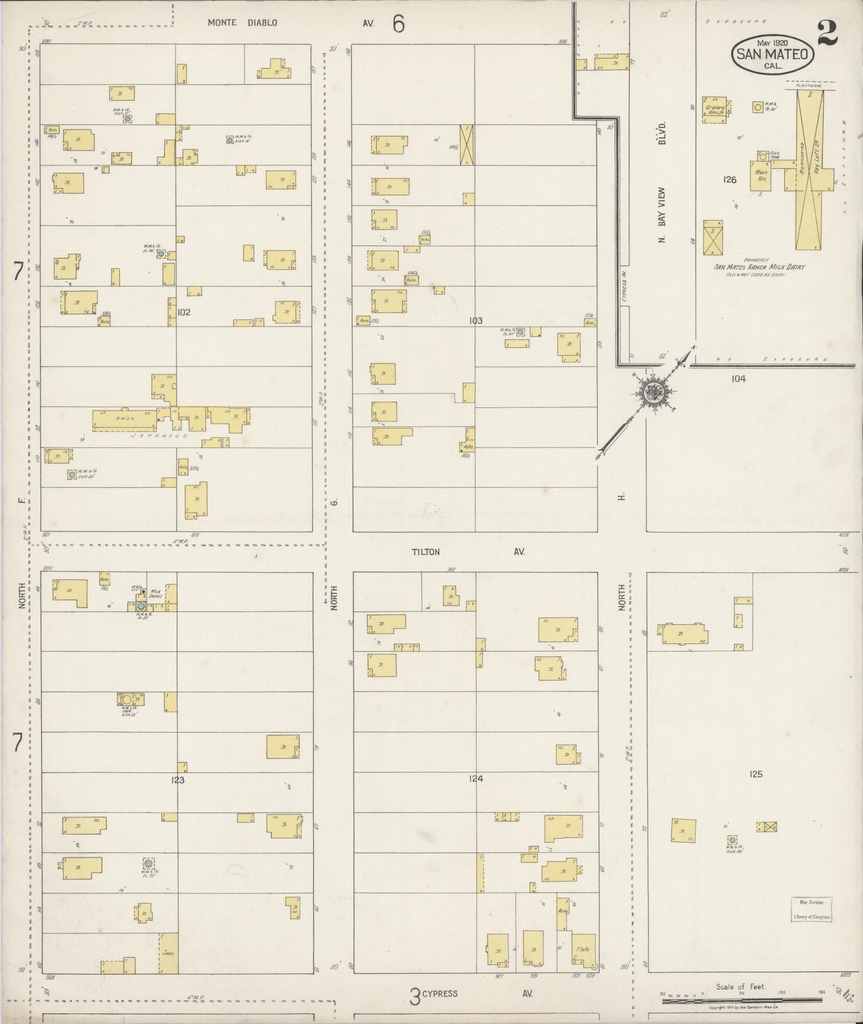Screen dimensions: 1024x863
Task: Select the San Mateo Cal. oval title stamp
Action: (x=772, y=54)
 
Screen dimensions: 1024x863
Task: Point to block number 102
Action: (x=184, y=312)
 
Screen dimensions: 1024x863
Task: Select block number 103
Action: (x=475, y=321)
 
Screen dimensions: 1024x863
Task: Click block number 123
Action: (x=177, y=780)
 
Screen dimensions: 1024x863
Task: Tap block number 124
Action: (x=475, y=778)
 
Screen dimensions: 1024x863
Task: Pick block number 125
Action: (x=755, y=774)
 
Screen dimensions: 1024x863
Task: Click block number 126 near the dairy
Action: (x=729, y=179)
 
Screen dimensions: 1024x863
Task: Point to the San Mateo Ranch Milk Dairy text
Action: (x=759, y=267)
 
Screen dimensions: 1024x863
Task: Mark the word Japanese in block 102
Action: (x=158, y=436)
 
